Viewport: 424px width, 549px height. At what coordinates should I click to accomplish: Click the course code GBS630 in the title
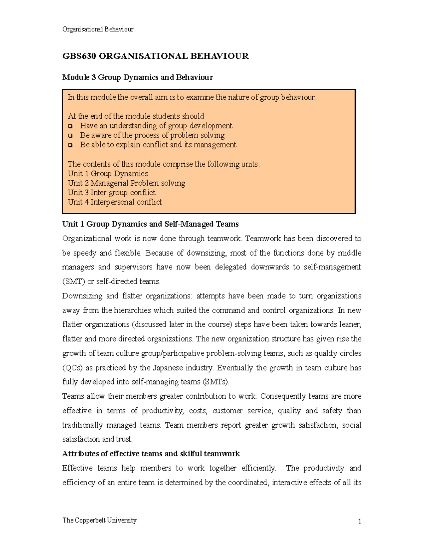pyautogui.click(x=79, y=56)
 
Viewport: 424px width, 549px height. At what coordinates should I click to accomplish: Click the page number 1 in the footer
pyautogui.click(x=359, y=522)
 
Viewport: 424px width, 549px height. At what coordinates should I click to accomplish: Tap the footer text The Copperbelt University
pyautogui.click(x=99, y=520)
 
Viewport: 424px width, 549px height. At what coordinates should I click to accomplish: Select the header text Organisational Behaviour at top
pyautogui.click(x=98, y=29)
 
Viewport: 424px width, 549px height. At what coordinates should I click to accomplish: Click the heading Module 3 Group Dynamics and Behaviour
pyautogui.click(x=137, y=77)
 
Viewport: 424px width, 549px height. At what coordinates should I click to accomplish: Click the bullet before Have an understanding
pyautogui.click(x=70, y=126)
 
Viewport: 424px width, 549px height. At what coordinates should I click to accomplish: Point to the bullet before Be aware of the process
pyautogui.click(x=70, y=136)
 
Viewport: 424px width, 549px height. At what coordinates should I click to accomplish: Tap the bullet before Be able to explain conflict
pyautogui.click(x=70, y=145)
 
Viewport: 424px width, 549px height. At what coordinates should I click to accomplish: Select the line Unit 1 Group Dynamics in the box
pyautogui.click(x=108, y=174)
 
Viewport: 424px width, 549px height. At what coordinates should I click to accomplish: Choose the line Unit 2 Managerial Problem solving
pyautogui.click(x=126, y=183)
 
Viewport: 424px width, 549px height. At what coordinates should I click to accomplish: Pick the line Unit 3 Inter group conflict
pyautogui.click(x=111, y=193)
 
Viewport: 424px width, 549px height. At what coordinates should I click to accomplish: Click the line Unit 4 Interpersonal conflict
pyautogui.click(x=115, y=202)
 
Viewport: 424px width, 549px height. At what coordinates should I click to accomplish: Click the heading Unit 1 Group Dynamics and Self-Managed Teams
pyautogui.click(x=150, y=224)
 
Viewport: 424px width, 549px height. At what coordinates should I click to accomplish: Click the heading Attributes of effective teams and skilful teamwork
pyautogui.click(x=151, y=454)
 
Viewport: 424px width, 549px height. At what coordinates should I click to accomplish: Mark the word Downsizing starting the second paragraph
pyautogui.click(x=82, y=296)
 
